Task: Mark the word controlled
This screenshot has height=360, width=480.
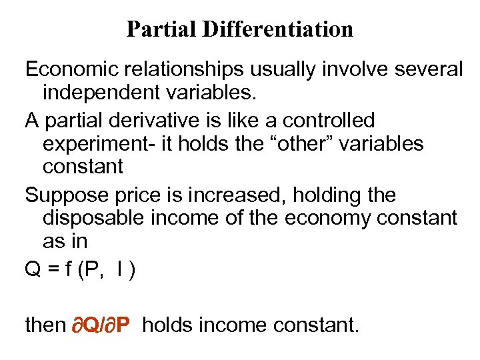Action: coord(329,120)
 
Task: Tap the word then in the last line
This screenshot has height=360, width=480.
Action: coord(45,325)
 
